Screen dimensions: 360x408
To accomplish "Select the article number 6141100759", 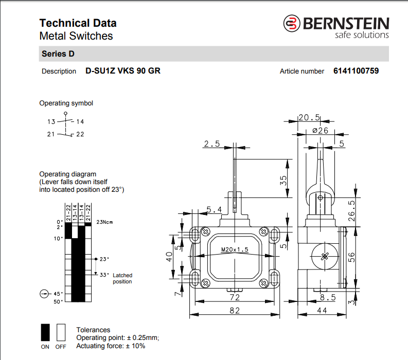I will click(356, 71).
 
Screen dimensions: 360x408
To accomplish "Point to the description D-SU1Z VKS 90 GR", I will click(122, 71).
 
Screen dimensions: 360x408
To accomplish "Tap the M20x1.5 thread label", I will click(235, 249).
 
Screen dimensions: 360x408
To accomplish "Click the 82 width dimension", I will click(235, 310).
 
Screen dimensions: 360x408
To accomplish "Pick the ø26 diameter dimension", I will click(320, 131).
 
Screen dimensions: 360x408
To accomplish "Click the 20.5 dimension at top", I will click(309, 117).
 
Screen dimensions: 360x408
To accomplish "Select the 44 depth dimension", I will click(322, 310).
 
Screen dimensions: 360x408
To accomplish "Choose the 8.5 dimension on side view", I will click(327, 297).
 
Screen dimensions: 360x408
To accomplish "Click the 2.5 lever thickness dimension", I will click(211, 144).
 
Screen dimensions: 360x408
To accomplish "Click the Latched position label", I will click(122, 278).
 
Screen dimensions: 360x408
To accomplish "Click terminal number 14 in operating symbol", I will click(80, 122).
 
